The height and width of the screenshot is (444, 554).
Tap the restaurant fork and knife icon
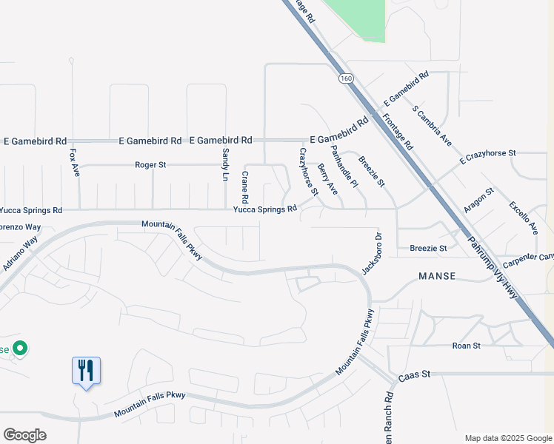(86, 369)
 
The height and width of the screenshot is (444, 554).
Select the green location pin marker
(21, 348)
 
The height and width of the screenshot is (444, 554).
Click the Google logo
(24, 435)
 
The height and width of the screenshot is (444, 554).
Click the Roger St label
(151, 165)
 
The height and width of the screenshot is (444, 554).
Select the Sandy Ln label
(226, 164)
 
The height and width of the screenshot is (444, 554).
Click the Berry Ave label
(327, 180)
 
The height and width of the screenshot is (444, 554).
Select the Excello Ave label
(523, 218)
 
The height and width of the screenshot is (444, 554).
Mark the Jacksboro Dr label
(370, 253)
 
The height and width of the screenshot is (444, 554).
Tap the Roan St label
(467, 346)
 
